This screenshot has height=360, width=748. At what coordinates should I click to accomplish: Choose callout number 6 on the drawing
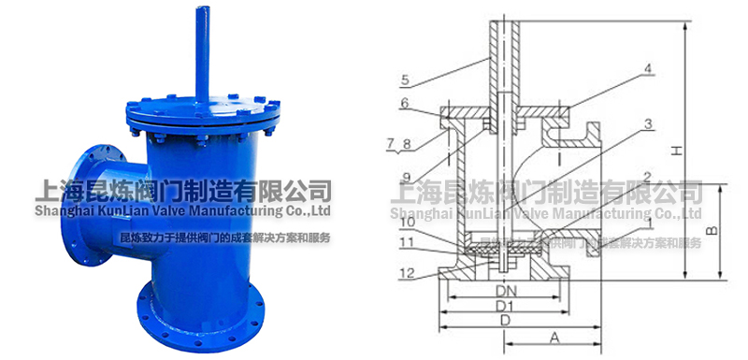pyautogui.click(x=406, y=104)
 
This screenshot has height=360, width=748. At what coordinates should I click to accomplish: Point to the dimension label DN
pyautogui.click(x=505, y=292)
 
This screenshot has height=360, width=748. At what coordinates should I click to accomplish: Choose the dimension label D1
pyautogui.click(x=505, y=306)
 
